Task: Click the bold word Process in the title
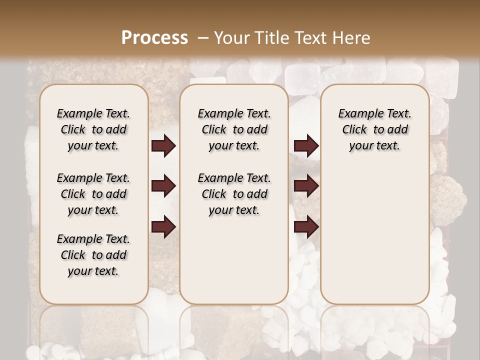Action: pyautogui.click(x=154, y=37)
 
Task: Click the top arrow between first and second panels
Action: pyautogui.click(x=163, y=146)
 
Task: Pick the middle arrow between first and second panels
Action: pyautogui.click(x=163, y=186)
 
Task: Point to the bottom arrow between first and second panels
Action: pyautogui.click(x=163, y=227)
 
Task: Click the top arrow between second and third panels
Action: pyautogui.click(x=306, y=146)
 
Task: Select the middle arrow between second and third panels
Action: pyautogui.click(x=306, y=186)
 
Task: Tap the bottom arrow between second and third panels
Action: pyautogui.click(x=306, y=227)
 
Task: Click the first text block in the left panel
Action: pyautogui.click(x=93, y=129)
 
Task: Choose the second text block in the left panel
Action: pyautogui.click(x=93, y=194)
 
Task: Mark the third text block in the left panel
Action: pyautogui.click(x=93, y=255)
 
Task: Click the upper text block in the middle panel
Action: pyautogui.click(x=234, y=129)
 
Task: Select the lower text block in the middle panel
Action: pyautogui.click(x=234, y=194)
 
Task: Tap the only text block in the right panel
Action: pyautogui.click(x=375, y=129)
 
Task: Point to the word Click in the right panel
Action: pyautogui.click(x=354, y=130)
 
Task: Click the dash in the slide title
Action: pyautogui.click(x=202, y=37)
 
